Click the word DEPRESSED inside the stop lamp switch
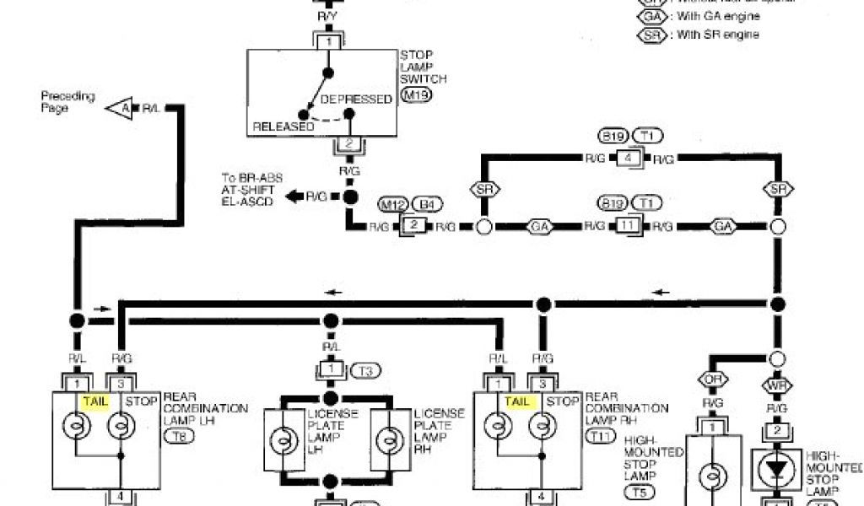coord(357,99)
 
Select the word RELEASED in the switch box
coord(283,126)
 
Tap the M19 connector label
coord(414,96)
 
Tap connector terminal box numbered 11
coord(624,226)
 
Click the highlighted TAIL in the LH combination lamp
coord(94,401)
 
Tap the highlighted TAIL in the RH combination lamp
coord(516,401)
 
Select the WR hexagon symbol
coord(777,386)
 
